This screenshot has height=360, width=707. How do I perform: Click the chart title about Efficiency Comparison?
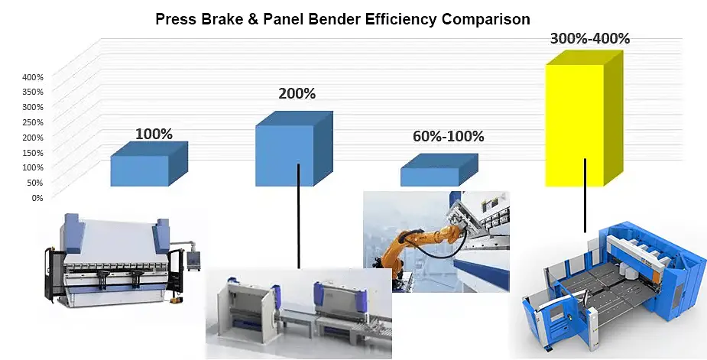[x=342, y=19]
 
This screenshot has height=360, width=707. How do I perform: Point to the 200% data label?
[x=297, y=94]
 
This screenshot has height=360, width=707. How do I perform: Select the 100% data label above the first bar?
[x=154, y=134]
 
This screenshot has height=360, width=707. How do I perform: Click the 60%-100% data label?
[x=448, y=137]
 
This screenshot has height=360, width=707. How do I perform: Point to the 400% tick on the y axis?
[x=33, y=77]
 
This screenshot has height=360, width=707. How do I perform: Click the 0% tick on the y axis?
[x=37, y=197]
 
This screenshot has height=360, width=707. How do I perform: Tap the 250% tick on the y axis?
[x=33, y=122]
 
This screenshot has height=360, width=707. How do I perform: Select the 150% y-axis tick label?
[x=33, y=152]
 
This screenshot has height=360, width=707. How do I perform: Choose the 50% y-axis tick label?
[x=34, y=182]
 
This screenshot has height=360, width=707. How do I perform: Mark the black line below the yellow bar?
[x=585, y=195]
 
